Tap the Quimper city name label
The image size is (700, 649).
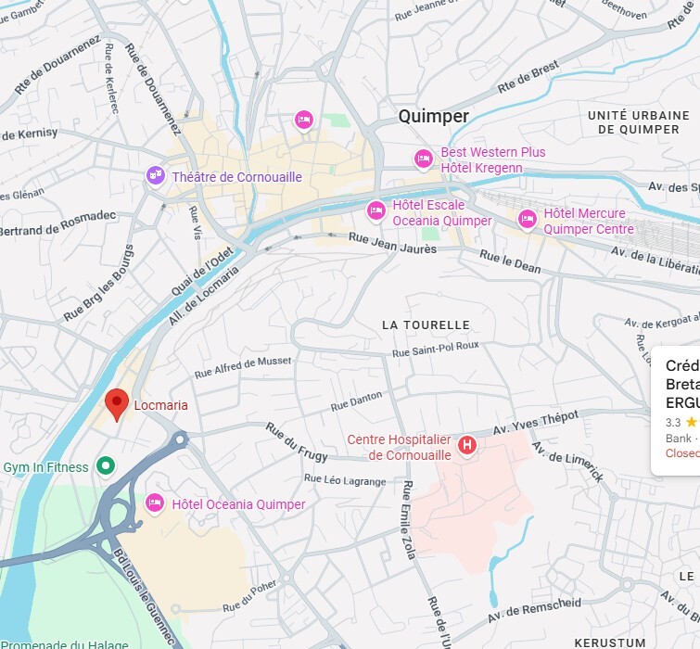[x=433, y=116]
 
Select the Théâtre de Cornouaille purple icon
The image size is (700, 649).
[x=156, y=175]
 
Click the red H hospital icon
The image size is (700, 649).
[x=467, y=446]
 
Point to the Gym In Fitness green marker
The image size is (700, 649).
[x=107, y=466]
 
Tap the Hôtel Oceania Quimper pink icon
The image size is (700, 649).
[x=156, y=503]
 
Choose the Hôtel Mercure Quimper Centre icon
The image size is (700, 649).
[x=528, y=220]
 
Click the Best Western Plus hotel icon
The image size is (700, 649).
[x=424, y=159]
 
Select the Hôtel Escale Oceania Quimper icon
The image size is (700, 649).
[x=375, y=211]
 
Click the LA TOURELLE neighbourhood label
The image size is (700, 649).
[x=426, y=324]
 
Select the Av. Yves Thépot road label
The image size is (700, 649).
[x=535, y=422]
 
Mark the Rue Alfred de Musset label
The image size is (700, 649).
[x=242, y=367]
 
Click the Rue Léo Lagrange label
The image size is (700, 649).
[x=345, y=480]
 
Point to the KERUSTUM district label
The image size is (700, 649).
[x=609, y=642]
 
